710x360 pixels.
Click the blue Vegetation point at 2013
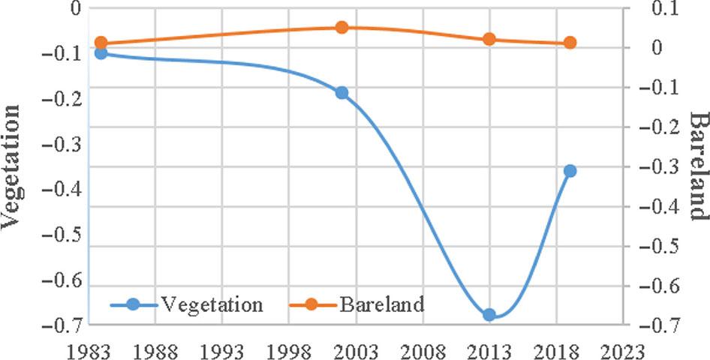(489, 315)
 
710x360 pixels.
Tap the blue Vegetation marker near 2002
(341, 92)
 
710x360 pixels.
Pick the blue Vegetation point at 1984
(101, 53)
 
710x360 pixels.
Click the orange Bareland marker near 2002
(341, 28)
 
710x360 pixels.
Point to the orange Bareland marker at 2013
(489, 39)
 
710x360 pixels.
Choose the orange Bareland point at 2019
(570, 43)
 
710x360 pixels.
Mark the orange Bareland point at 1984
(101, 43)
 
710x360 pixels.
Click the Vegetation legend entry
(188, 304)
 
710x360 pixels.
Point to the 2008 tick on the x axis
(423, 349)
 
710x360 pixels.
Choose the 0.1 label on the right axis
(651, 8)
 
